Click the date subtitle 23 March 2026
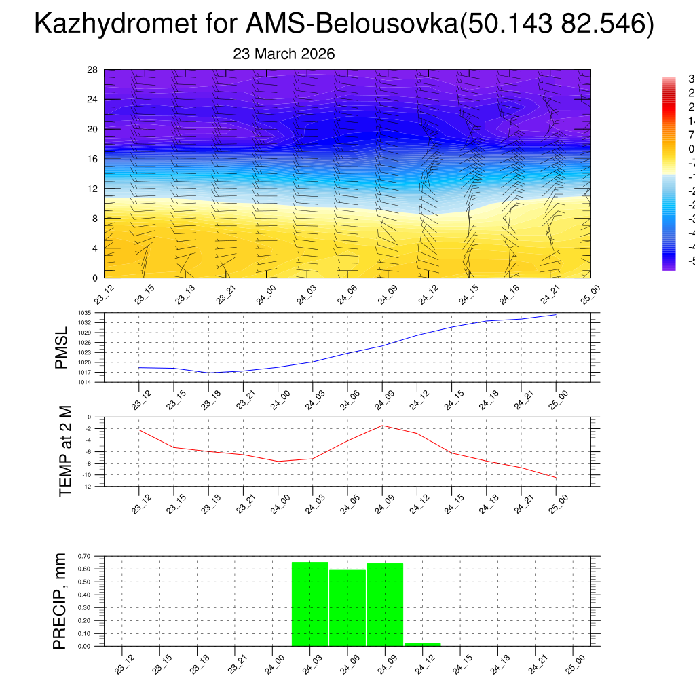[284, 54]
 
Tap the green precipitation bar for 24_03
[310, 603]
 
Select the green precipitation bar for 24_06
[347, 607]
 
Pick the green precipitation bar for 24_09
[385, 604]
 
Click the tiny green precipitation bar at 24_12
[422, 644]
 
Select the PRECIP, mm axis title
[60, 600]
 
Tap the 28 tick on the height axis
[93, 70]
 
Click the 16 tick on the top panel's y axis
[93, 159]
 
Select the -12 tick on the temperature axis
[87, 487]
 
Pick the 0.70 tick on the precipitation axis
[83, 556]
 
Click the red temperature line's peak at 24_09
[382, 426]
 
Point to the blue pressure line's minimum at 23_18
[208, 373]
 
